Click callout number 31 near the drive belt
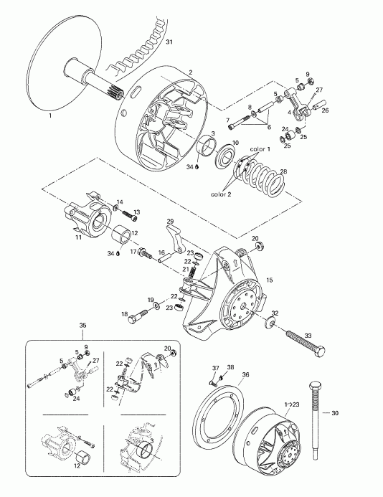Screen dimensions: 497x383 pos(169,44)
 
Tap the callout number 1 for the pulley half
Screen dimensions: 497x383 pos(49,115)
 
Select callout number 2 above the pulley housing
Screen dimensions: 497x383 pos(190,72)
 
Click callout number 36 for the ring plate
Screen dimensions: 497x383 pos(245,374)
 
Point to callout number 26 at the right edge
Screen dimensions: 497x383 pos(324,110)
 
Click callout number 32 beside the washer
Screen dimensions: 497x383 pos(275,312)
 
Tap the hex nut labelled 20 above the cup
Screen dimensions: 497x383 pos(260,248)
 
